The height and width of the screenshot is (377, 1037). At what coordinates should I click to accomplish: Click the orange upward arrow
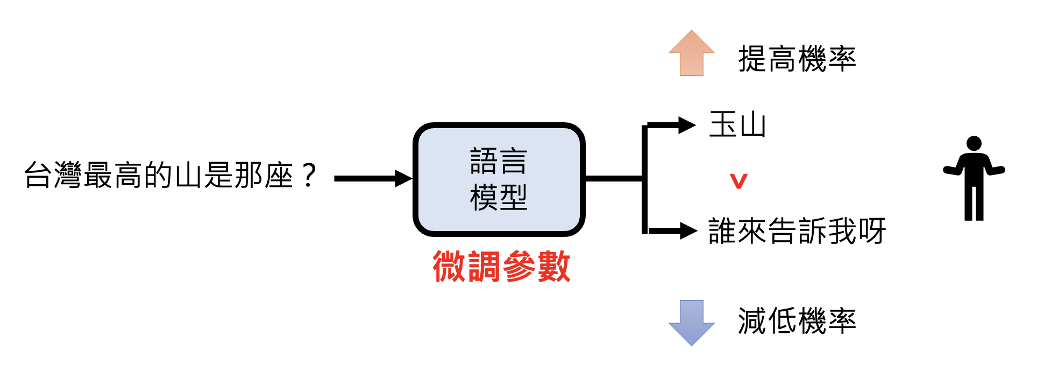click(691, 54)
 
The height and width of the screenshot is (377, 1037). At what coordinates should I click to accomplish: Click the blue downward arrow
click(691, 322)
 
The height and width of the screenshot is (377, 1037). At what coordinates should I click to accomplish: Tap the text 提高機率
click(797, 59)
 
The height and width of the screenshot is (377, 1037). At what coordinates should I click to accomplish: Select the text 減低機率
click(797, 321)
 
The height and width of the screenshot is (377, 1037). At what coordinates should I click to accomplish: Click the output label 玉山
click(737, 125)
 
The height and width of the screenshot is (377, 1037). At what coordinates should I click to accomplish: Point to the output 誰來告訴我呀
click(797, 231)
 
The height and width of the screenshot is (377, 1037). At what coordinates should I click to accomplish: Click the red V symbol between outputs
click(739, 181)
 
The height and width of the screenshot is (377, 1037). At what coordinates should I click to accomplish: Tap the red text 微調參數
click(501, 267)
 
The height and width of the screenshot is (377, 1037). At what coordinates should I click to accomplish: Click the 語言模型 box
click(499, 179)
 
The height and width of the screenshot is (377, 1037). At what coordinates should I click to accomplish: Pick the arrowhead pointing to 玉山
click(687, 125)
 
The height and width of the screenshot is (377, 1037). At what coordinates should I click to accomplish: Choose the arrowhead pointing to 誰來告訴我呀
click(688, 231)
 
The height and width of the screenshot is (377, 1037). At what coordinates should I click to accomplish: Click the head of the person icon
click(974, 144)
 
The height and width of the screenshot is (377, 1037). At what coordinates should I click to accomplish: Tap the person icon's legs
click(974, 203)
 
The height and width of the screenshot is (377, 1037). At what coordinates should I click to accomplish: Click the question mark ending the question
click(309, 176)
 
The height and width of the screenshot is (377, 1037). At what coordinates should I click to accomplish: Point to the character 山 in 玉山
click(752, 125)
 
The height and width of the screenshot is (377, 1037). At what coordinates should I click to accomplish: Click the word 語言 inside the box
click(499, 162)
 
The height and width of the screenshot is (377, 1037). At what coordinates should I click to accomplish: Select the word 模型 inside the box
click(499, 198)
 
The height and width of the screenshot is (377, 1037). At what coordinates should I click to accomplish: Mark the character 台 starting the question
click(38, 176)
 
